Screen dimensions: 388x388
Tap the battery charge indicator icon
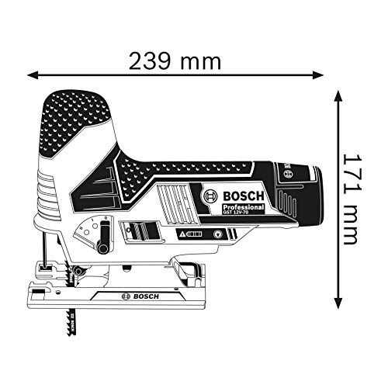(x=192, y=234)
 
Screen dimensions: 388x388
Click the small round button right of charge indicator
(x=213, y=233)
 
